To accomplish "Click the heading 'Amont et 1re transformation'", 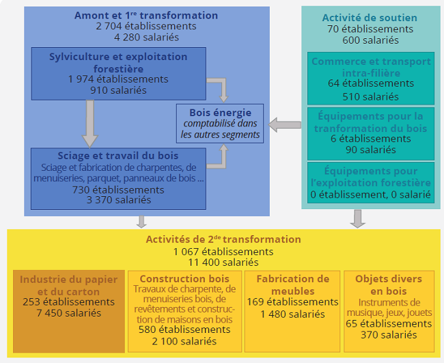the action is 146,15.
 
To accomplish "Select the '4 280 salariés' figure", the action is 146,37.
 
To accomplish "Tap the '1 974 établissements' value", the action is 118,79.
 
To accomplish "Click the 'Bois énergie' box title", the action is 221,113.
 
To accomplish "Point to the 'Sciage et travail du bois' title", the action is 118,156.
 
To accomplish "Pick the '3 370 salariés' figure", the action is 119,200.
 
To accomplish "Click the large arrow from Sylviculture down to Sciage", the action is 90,124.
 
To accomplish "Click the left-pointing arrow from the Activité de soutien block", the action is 285,125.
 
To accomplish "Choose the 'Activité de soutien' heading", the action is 370,18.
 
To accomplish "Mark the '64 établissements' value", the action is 371,83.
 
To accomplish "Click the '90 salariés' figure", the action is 371,150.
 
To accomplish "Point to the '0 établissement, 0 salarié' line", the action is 371,195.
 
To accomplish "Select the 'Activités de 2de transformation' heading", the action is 223,239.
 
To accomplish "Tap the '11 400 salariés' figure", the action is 223,262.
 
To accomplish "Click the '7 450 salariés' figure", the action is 69,313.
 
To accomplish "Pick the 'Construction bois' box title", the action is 184,278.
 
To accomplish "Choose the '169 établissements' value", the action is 292,301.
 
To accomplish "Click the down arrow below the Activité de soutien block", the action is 358,219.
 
